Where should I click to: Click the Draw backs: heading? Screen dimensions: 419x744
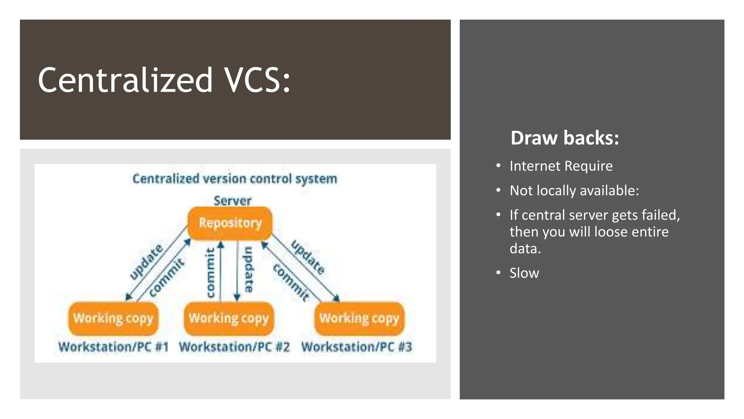[x=564, y=138]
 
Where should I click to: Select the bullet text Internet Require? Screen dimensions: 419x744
[x=561, y=166]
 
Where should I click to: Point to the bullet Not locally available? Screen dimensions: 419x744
[x=574, y=191]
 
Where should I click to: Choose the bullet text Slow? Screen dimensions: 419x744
[x=524, y=273]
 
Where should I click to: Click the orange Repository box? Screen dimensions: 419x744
[x=230, y=223]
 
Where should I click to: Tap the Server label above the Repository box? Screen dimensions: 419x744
[x=232, y=201]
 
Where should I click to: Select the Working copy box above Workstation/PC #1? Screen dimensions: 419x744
[x=113, y=318]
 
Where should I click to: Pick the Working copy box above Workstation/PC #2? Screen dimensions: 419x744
[x=229, y=318]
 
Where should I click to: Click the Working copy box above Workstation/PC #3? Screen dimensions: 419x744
[x=359, y=318]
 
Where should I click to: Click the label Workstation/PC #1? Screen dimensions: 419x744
[x=113, y=347]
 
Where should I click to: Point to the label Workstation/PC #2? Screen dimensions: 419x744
[x=234, y=347]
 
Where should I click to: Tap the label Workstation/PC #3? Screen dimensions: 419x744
[x=357, y=347]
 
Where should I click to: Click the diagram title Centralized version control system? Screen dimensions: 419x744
[x=235, y=179]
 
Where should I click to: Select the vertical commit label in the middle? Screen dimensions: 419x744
[x=210, y=273]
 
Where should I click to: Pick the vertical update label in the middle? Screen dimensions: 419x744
[x=248, y=269]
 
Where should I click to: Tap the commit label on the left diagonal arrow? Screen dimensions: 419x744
[x=167, y=278]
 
